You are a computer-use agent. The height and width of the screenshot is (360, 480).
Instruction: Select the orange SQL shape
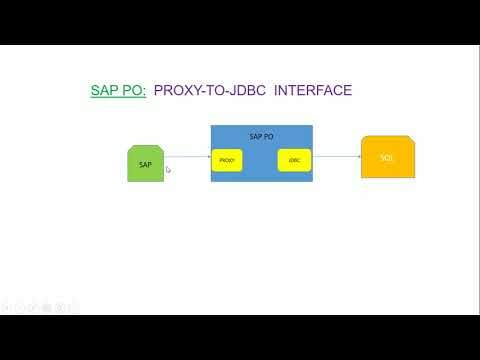point(388,159)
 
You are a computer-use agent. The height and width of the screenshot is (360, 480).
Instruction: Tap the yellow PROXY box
point(227,159)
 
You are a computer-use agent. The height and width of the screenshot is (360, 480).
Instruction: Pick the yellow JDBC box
point(294,159)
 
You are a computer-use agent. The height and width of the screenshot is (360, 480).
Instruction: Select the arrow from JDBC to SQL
point(336,157)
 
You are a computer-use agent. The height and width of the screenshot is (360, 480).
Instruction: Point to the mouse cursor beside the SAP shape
point(168,170)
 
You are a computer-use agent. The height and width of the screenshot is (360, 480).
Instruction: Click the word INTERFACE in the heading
point(313,91)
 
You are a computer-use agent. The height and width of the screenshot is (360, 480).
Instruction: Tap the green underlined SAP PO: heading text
point(118,91)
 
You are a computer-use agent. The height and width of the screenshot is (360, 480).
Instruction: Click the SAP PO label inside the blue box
point(262,135)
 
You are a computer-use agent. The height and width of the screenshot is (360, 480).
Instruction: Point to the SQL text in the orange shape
point(388,159)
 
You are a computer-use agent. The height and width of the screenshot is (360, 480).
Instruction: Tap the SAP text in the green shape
point(145,164)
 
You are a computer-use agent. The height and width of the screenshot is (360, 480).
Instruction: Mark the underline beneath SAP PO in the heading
point(118,99)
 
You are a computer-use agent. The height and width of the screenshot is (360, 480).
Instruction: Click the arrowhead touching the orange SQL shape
point(358,157)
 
